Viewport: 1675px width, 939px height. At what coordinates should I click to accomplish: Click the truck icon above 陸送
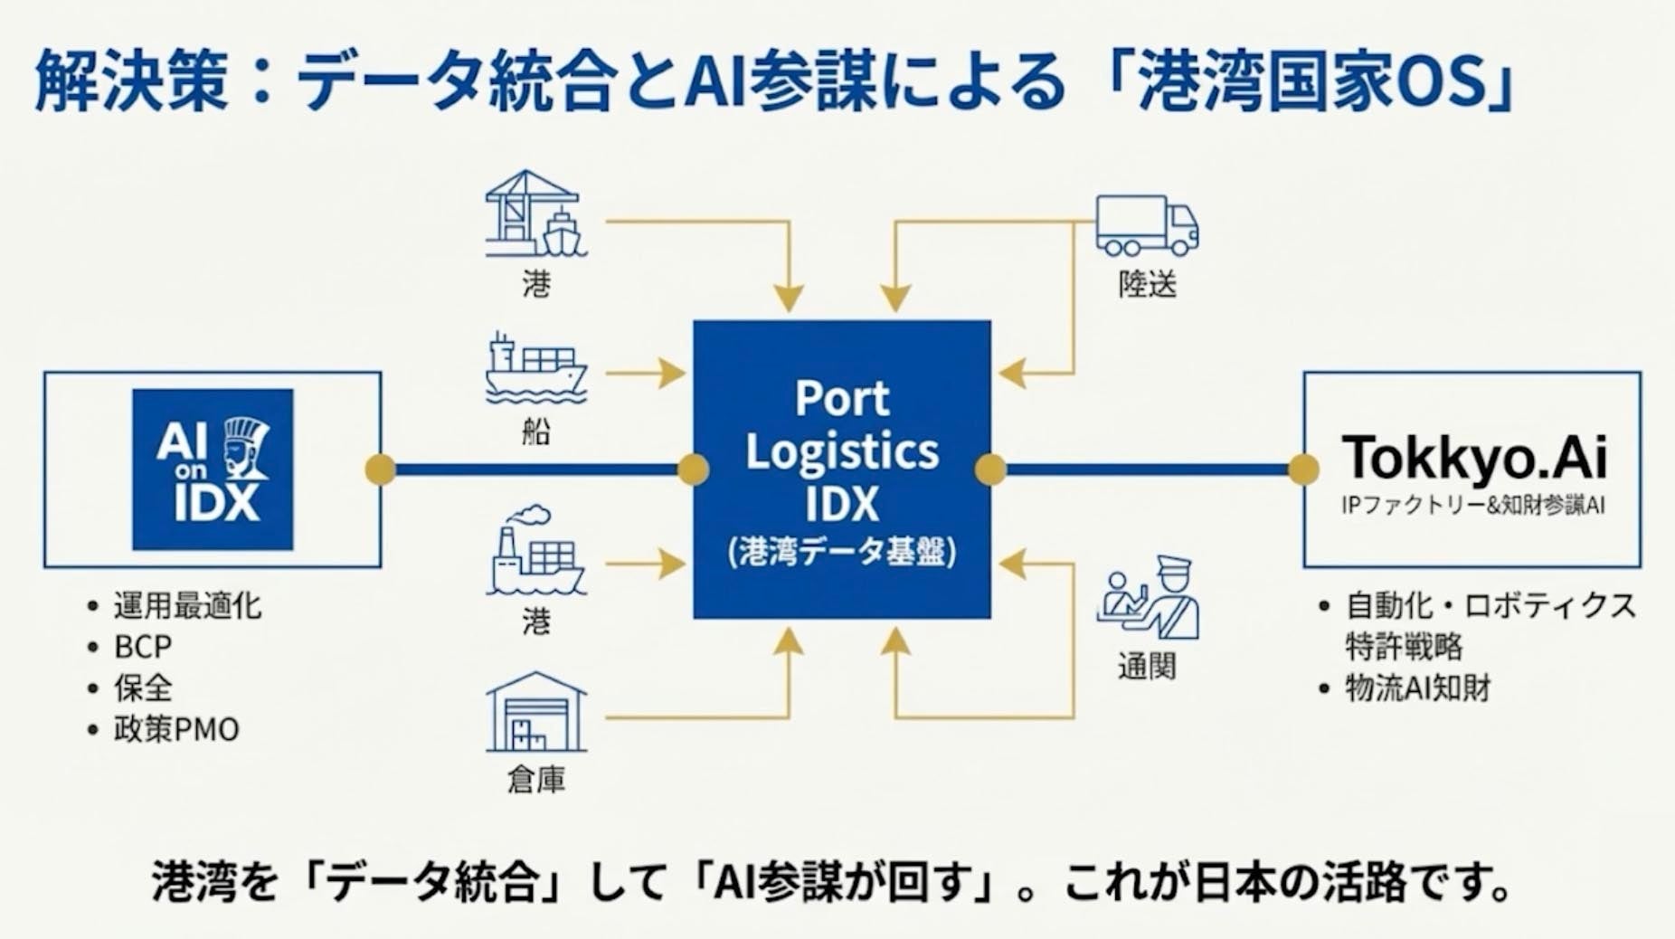pos(1147,226)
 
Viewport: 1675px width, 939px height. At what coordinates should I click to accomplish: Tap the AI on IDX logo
pos(213,469)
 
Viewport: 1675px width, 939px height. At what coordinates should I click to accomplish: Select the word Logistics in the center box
pos(842,451)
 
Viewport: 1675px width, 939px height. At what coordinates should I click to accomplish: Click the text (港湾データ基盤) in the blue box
pos(842,552)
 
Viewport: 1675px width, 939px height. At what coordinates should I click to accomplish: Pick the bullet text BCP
pos(143,647)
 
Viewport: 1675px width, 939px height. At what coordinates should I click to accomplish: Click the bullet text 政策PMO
pos(176,729)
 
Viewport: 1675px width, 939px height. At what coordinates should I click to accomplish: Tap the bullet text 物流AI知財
pos(1418,688)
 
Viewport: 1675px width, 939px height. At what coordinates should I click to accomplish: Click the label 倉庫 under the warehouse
pos(536,780)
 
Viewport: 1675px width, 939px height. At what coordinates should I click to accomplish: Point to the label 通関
pos(1147,667)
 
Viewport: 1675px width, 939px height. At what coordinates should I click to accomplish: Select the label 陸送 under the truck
pos(1147,285)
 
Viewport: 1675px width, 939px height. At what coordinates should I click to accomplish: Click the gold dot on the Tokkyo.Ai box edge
pos(1303,469)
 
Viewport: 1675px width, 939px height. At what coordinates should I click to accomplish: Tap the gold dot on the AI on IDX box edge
pos(381,469)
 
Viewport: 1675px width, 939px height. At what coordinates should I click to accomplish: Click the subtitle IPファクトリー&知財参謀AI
pos(1472,506)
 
